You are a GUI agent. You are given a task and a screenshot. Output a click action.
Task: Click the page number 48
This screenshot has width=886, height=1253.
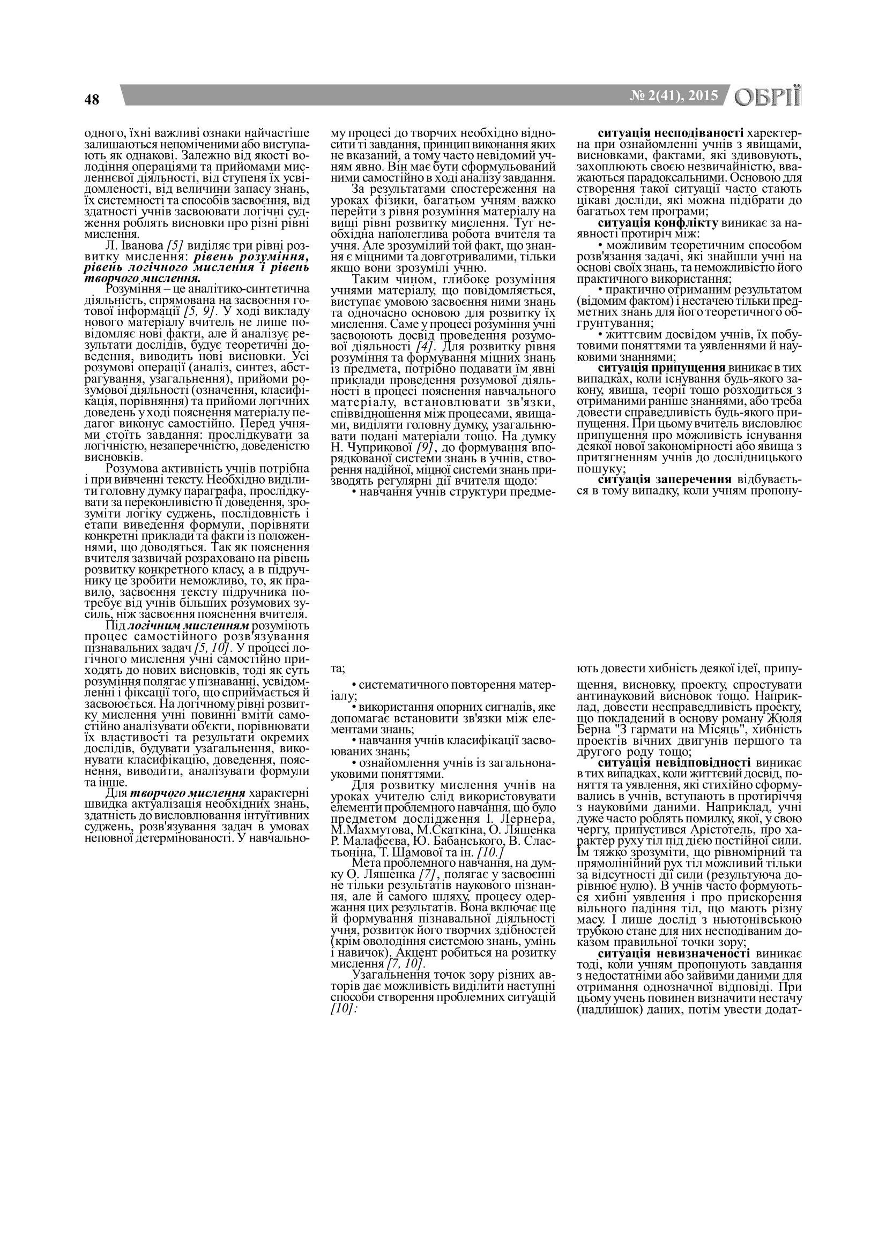click(92, 99)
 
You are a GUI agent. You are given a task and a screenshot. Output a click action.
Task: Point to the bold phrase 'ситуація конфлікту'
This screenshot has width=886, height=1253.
click(658, 224)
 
